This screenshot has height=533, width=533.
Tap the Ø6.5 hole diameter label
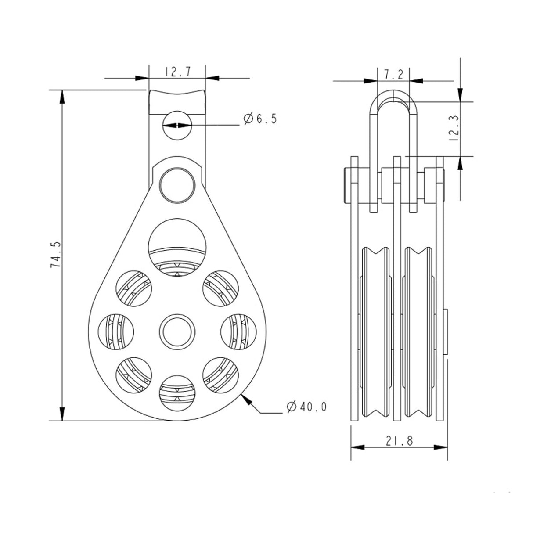[261, 119]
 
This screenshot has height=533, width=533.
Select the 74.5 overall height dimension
[55, 255]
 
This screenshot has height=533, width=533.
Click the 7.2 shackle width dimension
[393, 75]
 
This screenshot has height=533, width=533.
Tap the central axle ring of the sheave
[177, 330]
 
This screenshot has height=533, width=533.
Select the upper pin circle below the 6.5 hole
[177, 184]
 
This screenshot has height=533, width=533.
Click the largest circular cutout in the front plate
[177, 249]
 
